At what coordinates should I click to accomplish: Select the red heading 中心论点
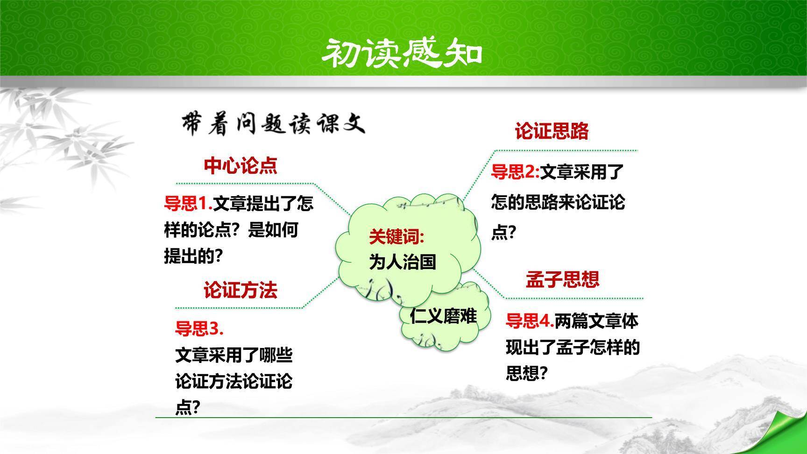pos(240,166)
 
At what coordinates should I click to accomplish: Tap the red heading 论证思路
pos(552,131)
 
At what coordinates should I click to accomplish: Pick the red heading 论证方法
pos(240,291)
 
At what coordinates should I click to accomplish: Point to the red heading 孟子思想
pos(562,279)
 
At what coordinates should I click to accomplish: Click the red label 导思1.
pos(188,204)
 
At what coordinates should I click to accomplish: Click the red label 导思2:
pos(515,172)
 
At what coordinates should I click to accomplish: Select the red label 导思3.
pos(199,329)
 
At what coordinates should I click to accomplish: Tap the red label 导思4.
pos(530,321)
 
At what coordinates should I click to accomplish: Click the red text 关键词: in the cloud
pos(396,237)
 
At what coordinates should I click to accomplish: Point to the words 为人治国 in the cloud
pos(403,262)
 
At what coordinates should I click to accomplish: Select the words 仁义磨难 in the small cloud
pos(443,316)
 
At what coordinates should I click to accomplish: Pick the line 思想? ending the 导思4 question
pos(526,373)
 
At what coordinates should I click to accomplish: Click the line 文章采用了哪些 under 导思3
pos(234,355)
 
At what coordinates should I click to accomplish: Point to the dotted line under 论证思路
pos(565,150)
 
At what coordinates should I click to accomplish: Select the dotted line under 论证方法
pos(238,308)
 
